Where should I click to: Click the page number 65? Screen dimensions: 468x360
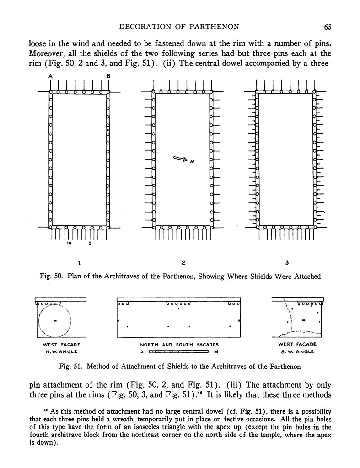pos(327,27)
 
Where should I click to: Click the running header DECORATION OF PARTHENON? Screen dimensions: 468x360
pos(181,27)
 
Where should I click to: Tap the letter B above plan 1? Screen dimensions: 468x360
pos(108,76)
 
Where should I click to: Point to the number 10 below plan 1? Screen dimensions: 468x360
pos(69,243)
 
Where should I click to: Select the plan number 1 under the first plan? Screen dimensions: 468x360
pos(79,263)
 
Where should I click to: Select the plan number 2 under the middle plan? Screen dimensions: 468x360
pos(183,263)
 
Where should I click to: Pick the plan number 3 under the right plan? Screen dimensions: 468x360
pos(287,263)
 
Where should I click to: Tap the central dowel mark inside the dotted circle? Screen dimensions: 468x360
pos(54,321)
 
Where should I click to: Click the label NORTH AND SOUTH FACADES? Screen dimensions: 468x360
pos(179,345)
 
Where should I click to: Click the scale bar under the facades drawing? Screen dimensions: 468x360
pos(179,352)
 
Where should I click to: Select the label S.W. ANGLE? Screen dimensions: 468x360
pos(297,351)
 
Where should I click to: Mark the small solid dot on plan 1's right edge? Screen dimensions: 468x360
pos(108,131)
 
